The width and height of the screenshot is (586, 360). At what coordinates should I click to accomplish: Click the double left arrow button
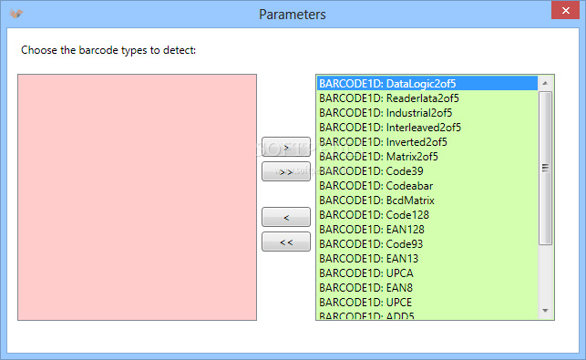click(286, 242)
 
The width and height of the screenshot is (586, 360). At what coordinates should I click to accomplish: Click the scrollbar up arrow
click(545, 83)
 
